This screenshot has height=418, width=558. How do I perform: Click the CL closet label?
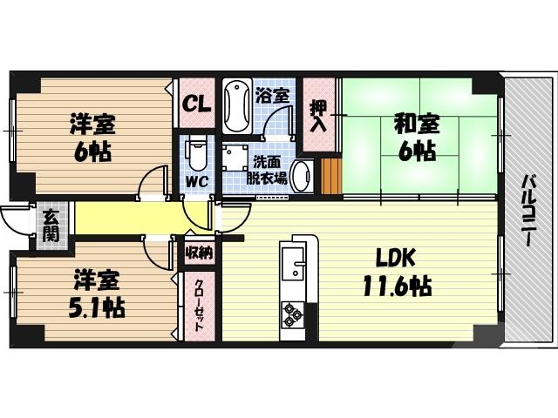196,105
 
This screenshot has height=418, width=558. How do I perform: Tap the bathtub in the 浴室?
235,106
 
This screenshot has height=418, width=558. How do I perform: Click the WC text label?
194,183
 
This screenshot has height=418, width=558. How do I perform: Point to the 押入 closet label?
318,115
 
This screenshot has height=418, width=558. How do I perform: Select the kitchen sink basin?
293,261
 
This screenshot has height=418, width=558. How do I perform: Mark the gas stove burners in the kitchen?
291,313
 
